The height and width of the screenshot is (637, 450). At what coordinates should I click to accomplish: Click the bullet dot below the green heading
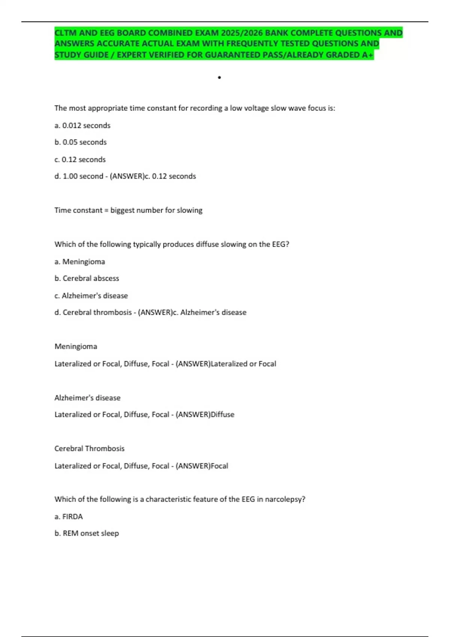coord(219,78)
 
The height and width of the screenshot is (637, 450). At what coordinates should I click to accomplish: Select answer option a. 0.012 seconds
coord(82,126)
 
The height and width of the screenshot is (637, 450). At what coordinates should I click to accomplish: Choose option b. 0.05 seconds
coord(81,142)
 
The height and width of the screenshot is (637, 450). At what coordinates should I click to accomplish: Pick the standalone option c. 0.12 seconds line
coord(80,160)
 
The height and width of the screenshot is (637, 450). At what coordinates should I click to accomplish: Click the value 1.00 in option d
coord(70,176)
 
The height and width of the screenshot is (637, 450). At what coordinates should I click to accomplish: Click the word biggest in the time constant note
coord(122,211)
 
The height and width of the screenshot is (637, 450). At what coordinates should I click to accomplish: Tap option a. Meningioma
coord(80,262)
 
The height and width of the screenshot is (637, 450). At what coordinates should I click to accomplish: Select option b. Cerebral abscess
coord(87,278)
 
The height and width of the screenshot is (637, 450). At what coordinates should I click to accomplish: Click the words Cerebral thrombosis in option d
coord(97,313)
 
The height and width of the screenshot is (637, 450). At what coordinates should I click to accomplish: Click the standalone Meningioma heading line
coord(76,347)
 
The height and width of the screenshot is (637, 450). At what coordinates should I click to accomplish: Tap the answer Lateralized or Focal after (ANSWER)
coord(243,364)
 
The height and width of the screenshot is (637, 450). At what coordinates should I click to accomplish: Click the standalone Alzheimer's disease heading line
coord(87,398)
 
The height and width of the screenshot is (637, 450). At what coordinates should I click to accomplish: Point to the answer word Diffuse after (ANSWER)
coord(222,415)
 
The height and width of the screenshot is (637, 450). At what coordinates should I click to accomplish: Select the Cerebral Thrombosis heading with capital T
coord(89,449)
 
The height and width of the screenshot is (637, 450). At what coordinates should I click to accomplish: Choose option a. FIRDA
coord(69,517)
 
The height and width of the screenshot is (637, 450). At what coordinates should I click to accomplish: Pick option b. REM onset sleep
coord(87,534)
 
